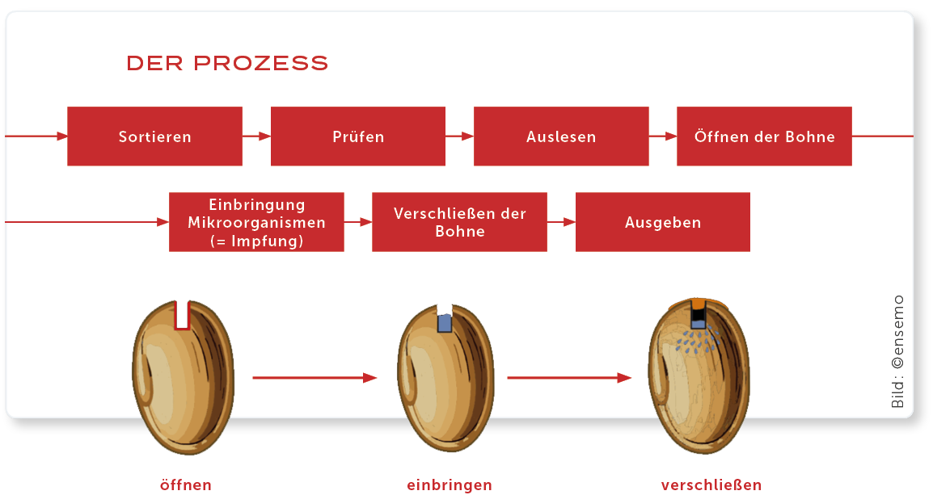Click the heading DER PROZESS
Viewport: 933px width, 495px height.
(227, 63)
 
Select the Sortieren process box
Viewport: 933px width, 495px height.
(154, 136)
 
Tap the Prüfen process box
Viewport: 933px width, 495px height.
(357, 136)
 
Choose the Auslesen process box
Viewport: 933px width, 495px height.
(561, 136)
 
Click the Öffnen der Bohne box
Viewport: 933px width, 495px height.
(764, 136)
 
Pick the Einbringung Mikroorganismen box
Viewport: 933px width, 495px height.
(256, 222)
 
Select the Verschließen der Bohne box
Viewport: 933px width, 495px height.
(459, 222)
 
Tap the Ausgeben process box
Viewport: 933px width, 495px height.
(662, 222)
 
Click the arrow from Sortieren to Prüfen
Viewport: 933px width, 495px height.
(256, 136)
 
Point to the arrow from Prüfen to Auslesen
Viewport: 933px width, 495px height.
(459, 136)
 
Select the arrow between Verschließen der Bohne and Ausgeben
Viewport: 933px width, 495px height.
(561, 222)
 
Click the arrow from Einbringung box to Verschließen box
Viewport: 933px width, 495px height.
(357, 222)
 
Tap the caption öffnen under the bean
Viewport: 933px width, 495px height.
(186, 485)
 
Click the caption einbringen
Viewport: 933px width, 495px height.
(450, 485)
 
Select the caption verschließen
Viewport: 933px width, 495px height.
(711, 485)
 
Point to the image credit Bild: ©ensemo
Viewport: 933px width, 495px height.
(898, 351)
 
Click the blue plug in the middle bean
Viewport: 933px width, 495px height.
(444, 322)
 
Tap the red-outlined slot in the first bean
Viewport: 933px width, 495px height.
(182, 314)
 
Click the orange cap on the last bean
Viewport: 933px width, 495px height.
(699, 304)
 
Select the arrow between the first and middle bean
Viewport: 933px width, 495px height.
(315, 377)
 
